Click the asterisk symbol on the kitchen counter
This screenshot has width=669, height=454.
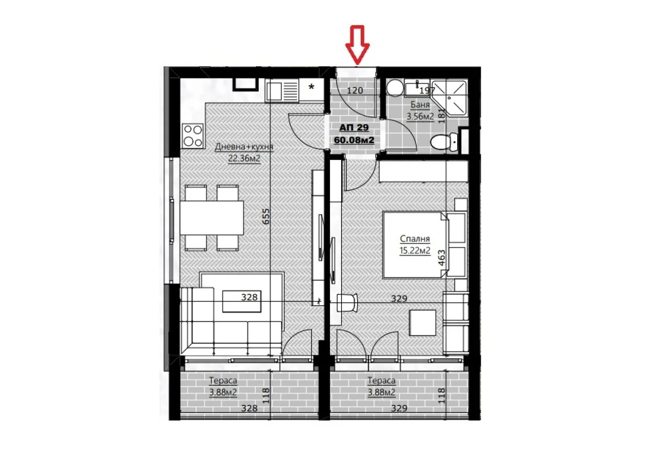tap(312, 87)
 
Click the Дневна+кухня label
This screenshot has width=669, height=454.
tap(244, 147)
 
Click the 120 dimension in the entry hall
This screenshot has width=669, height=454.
tap(356, 90)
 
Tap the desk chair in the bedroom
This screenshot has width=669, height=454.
tap(347, 302)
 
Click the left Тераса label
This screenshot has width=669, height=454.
tap(223, 380)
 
